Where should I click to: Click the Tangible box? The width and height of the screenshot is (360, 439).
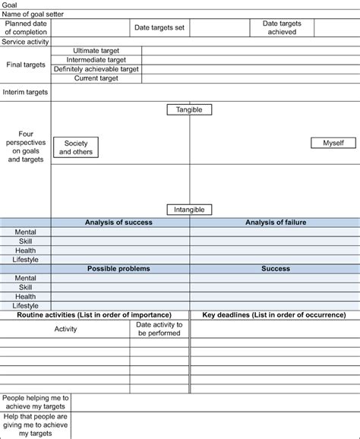[189, 110]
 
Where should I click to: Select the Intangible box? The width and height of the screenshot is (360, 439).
[189, 210]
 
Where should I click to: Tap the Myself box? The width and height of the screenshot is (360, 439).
[333, 143]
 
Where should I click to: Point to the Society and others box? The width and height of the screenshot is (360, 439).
[75, 147]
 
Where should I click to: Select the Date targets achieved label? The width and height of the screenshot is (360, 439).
[282, 28]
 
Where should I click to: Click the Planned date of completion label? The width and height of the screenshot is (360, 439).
[26, 28]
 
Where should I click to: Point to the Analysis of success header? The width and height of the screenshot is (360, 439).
[118, 223]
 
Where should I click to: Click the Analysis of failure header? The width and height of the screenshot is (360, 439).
[275, 223]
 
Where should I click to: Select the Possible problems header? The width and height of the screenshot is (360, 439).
[118, 269]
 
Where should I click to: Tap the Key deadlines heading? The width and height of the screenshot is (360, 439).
[275, 314]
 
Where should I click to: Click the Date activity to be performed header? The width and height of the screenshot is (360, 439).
[159, 329]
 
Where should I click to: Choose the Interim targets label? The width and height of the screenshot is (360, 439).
[26, 92]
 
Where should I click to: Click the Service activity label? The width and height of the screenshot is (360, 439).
[26, 42]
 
